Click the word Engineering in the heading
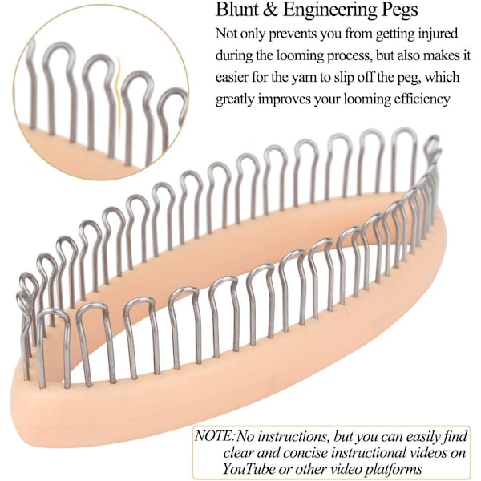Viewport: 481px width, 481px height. (x=330, y=10)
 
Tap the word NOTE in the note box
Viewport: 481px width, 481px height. (x=214, y=436)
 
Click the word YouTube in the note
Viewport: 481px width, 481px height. (x=249, y=469)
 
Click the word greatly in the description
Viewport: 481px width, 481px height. (x=235, y=99)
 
